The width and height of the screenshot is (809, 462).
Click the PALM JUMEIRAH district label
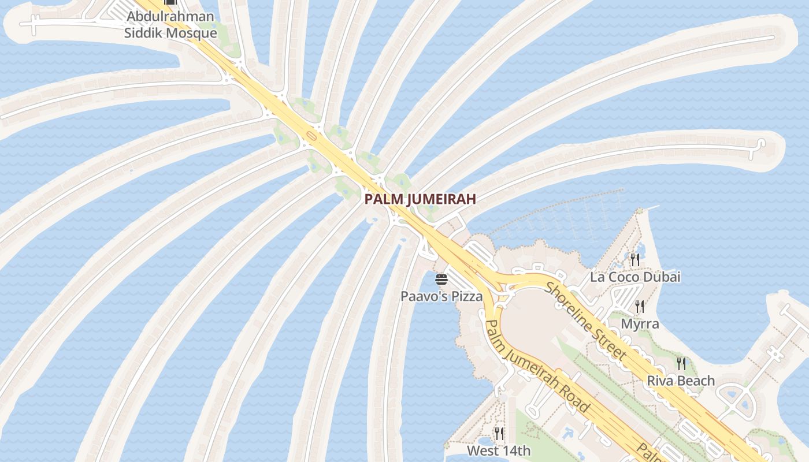click(x=420, y=199)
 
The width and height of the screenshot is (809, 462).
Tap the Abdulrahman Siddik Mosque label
click(x=170, y=25)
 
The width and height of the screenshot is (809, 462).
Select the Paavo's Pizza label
click(x=441, y=297)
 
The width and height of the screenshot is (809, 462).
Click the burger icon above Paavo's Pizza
click(x=441, y=280)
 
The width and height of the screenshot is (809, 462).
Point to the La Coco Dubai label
click(x=635, y=277)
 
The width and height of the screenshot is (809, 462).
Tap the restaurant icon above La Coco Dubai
click(x=635, y=259)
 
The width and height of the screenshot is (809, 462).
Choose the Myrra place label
click(x=640, y=324)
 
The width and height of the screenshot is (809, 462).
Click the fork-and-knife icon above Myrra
click(x=640, y=306)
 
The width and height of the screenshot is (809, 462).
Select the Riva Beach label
click(x=681, y=381)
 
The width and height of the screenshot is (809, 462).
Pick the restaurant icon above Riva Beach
click(x=681, y=363)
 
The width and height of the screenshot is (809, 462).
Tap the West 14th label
click(x=499, y=450)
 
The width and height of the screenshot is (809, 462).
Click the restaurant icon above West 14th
click(x=499, y=433)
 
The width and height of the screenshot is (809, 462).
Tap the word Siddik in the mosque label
click(x=144, y=33)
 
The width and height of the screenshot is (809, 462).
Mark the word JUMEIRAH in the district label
click(x=441, y=199)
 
